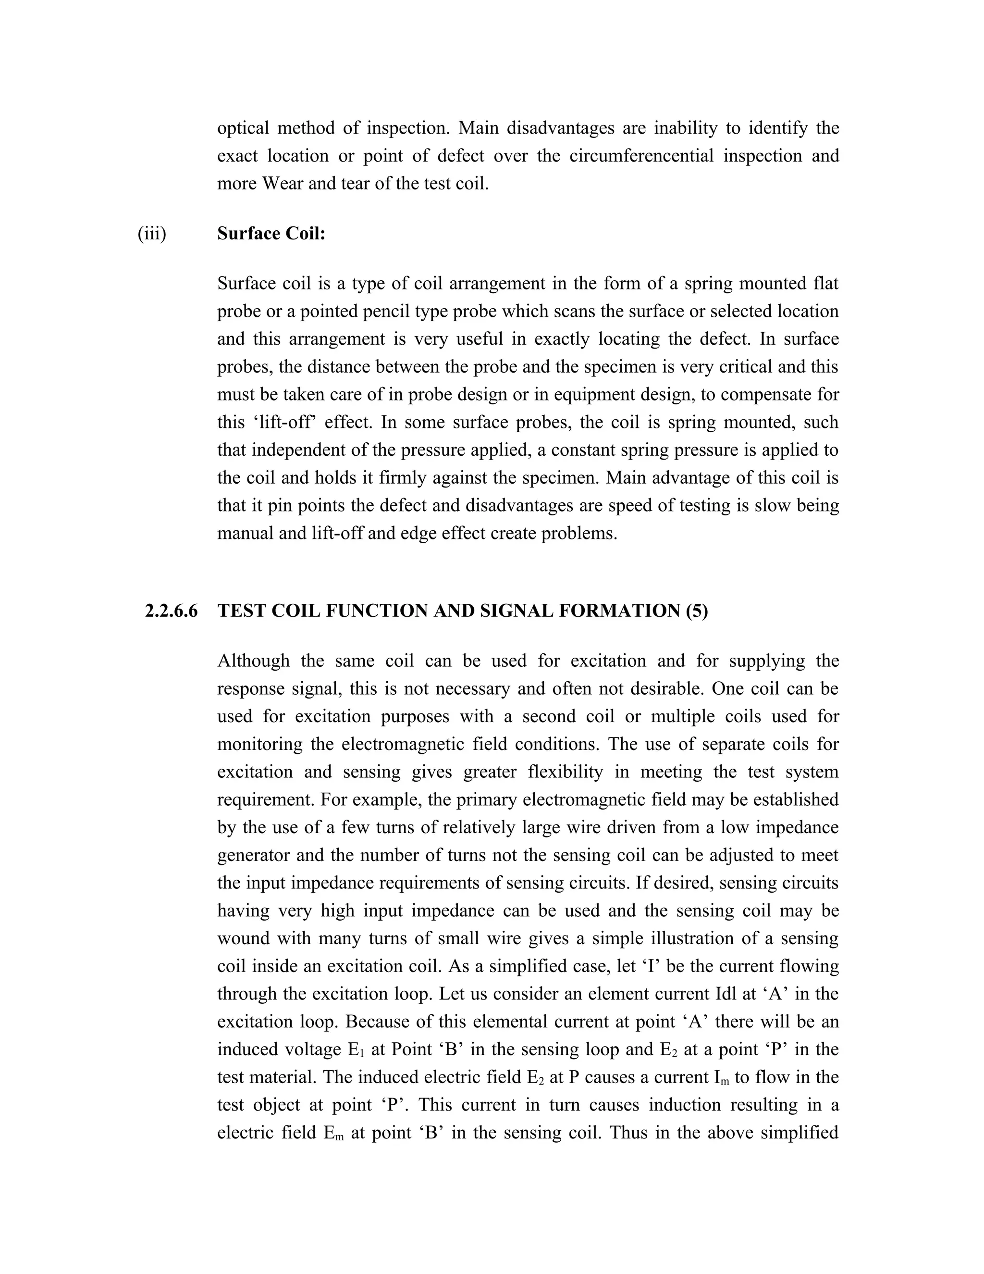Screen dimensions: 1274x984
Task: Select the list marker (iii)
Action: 151,234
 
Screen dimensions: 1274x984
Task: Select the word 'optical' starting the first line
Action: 243,128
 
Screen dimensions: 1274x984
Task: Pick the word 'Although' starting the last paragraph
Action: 253,661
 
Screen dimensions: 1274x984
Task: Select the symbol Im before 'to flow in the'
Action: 721,1077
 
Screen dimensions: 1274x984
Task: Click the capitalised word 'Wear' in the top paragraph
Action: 282,184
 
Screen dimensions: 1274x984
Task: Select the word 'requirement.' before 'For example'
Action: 266,800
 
